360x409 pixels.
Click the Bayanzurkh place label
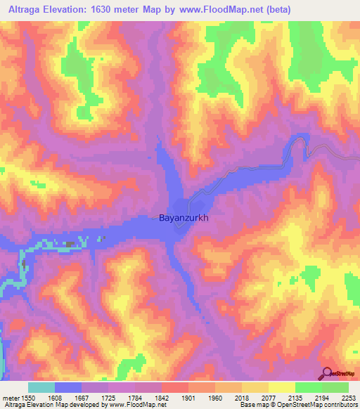tap(184, 218)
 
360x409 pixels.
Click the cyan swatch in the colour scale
tap(41, 387)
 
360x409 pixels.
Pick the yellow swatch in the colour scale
tap(281, 387)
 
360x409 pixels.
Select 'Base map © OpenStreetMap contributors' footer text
tap(297, 405)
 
